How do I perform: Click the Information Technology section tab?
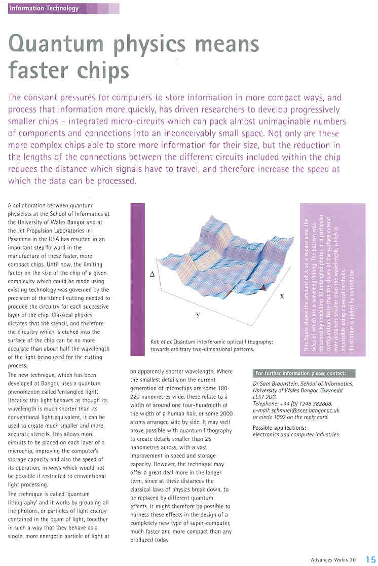(x=45, y=8)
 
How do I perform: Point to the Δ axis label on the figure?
(x=153, y=274)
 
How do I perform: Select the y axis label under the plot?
(x=198, y=314)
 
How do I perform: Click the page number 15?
(x=371, y=559)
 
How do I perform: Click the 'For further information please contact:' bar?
(x=304, y=373)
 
